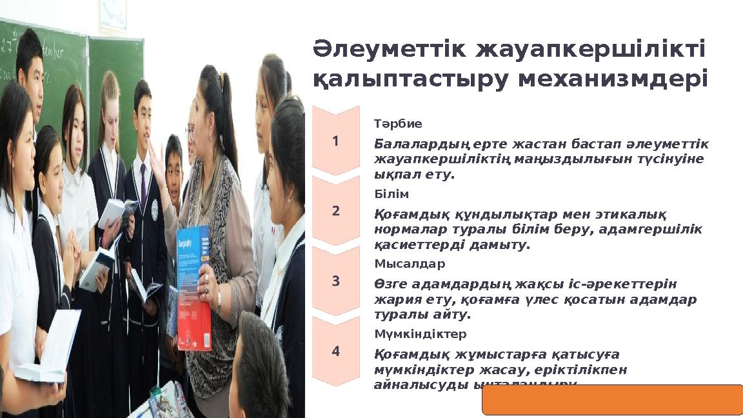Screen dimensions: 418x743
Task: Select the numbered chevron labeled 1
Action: click(335, 141)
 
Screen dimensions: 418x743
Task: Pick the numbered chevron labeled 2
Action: click(335, 211)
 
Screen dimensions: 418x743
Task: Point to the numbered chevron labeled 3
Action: click(335, 281)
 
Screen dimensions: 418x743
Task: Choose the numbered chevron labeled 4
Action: click(335, 352)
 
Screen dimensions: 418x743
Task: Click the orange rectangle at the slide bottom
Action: click(612, 399)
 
